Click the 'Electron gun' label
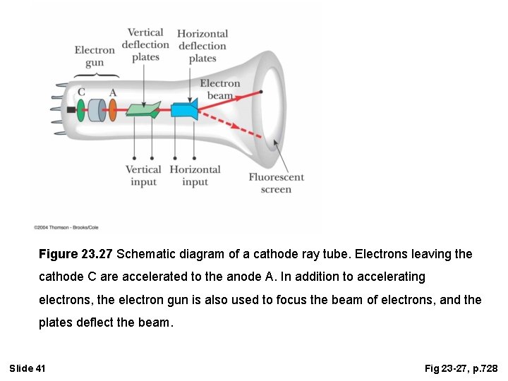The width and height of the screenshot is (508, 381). (94, 56)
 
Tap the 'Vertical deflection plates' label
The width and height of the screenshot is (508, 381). (145, 44)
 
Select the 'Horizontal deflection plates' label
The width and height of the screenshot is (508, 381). (202, 46)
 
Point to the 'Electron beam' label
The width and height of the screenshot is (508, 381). (219, 89)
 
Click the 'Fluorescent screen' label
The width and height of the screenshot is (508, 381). (276, 183)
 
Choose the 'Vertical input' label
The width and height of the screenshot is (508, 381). (143, 176)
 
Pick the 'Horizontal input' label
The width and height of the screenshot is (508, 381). (195, 176)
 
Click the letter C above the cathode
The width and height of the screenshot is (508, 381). (81, 92)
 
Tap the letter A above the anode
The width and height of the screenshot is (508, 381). (113, 92)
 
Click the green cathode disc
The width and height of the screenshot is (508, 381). (81, 110)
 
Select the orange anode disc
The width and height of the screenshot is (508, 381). (112, 110)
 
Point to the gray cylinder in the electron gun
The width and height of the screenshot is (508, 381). (97, 110)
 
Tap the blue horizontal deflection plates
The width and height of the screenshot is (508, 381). (184, 110)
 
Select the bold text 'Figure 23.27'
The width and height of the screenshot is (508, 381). (76, 253)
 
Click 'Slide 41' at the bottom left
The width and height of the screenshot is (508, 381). (28, 368)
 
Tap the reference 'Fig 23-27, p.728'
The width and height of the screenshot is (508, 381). (461, 368)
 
